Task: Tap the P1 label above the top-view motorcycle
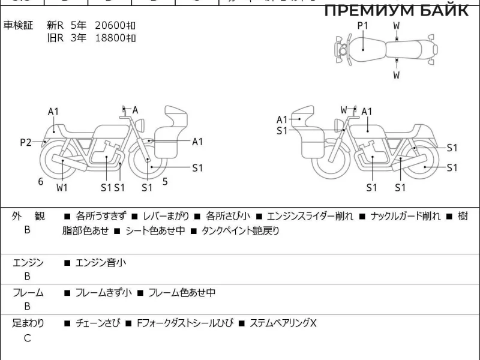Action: coord(362,25)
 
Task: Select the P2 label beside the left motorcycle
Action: coord(25,142)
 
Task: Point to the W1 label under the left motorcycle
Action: coord(62,187)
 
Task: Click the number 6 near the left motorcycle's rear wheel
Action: coord(41,181)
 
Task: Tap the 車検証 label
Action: coord(18,25)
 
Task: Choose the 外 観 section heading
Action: coord(28,216)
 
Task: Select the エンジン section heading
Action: coord(28,262)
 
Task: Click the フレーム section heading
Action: coord(28,293)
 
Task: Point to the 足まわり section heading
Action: coord(28,323)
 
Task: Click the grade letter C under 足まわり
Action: coord(27,338)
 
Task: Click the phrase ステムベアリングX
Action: coord(283,323)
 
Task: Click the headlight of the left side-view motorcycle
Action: coord(142,124)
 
